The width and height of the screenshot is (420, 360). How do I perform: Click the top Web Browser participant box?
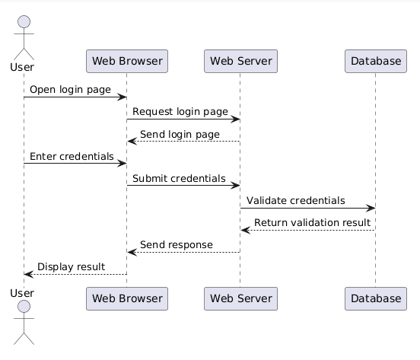[x=127, y=61]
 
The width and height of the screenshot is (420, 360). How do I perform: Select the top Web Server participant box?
[x=240, y=61]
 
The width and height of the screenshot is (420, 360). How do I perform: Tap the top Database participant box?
[x=376, y=61]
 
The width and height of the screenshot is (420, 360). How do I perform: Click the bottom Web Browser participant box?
[x=127, y=298]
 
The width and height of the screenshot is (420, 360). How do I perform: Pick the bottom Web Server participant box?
[x=240, y=298]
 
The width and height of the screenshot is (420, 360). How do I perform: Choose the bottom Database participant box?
[x=376, y=298]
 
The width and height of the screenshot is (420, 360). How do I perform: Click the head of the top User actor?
[x=24, y=22]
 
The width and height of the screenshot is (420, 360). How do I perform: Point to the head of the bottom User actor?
[x=24, y=307]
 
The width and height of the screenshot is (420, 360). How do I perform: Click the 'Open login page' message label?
[x=70, y=90]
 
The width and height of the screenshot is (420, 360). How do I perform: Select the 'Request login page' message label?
[x=180, y=111]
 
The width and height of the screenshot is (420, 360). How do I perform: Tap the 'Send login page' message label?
[x=180, y=134]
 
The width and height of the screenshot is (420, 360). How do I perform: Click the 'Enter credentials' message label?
[x=72, y=157]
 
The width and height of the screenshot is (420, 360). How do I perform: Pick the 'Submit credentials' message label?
[x=179, y=178]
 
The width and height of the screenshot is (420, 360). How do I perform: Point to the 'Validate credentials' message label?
[x=296, y=201]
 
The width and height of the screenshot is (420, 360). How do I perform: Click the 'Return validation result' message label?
[x=312, y=222]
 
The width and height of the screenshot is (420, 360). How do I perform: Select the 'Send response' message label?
[x=177, y=245]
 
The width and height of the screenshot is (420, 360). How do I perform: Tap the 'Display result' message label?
[x=72, y=267]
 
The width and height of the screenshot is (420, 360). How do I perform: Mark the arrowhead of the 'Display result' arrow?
[x=29, y=274]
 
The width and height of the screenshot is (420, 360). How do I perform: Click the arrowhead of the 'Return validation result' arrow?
[x=245, y=230]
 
